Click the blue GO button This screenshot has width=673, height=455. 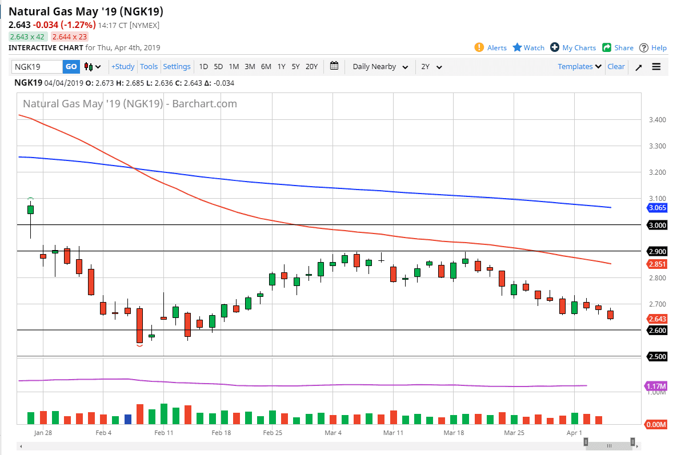[71, 67]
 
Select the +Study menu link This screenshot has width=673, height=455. [123, 67]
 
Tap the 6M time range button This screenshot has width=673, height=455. [266, 67]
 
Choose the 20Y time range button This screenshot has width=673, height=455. [311, 67]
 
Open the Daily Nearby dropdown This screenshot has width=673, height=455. [380, 67]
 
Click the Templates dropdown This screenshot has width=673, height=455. [579, 67]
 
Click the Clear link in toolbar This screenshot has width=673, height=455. [616, 67]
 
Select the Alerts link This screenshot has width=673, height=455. [491, 48]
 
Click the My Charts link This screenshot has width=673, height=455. [573, 48]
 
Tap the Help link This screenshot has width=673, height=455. [653, 48]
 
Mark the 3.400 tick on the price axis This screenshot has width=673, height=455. [657, 120]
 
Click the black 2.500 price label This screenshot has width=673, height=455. [658, 357]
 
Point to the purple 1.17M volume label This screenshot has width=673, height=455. [656, 386]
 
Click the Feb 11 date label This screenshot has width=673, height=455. [164, 433]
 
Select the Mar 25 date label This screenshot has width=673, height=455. [514, 433]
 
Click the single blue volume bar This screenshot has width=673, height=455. [127, 419]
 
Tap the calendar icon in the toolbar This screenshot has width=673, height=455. [334, 66]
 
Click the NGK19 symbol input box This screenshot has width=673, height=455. [37, 67]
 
